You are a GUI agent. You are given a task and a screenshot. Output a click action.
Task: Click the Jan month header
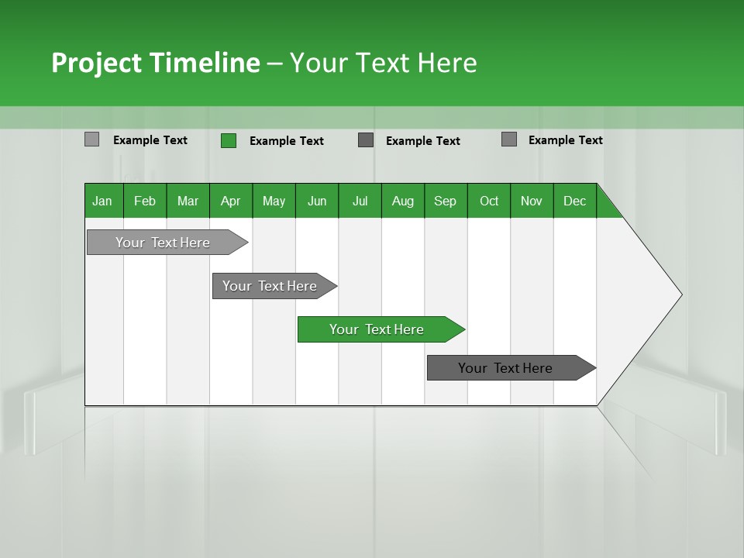click(103, 201)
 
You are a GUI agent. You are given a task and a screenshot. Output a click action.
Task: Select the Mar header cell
click(188, 201)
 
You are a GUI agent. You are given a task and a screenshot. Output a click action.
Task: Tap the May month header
click(274, 201)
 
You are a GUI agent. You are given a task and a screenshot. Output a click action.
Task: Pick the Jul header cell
click(360, 201)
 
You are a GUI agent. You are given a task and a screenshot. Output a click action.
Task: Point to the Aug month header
click(402, 201)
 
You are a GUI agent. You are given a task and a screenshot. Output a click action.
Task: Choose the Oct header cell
click(488, 201)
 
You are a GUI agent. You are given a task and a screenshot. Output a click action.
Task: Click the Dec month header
click(574, 201)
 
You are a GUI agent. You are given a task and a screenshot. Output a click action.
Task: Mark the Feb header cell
click(145, 201)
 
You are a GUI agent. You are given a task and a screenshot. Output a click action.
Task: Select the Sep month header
click(445, 201)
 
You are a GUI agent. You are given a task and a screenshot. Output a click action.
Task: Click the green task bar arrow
click(380, 329)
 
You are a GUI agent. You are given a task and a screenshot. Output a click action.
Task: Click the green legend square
click(229, 140)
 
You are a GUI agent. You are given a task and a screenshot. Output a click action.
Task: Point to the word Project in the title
click(96, 63)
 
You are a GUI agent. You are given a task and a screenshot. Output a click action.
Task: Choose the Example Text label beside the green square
click(286, 141)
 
